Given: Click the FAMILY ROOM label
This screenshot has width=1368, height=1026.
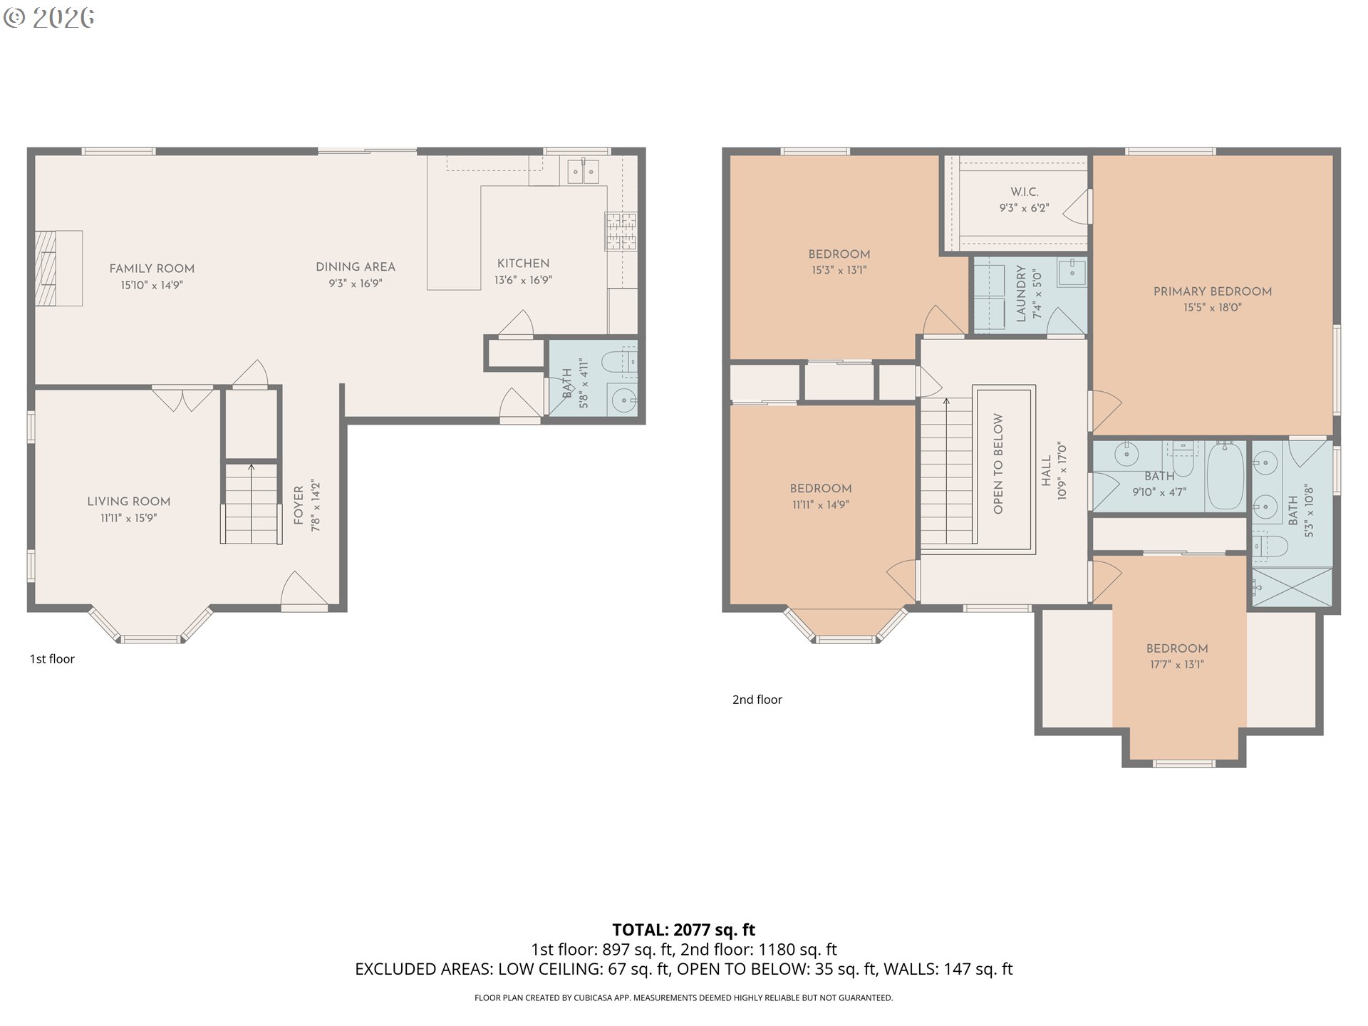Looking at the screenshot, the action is coord(152,269).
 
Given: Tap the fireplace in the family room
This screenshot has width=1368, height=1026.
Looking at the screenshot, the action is coord(59,268).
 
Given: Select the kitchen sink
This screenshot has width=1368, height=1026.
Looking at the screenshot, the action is coord(583,170).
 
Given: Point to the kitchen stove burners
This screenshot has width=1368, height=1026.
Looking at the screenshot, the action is coord(621,232).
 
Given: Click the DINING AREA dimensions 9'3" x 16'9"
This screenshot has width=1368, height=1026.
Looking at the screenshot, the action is coord(356,284).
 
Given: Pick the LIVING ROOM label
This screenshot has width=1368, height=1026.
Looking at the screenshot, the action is coord(129,502).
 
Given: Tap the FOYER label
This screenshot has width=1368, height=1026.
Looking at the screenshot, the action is coord(299,506).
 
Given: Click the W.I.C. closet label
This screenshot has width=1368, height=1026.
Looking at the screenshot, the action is coord(1025,192).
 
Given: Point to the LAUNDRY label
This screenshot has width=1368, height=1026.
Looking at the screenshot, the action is coord(1021,294).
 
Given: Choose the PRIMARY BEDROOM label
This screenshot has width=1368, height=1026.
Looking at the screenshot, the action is coord(1213,291).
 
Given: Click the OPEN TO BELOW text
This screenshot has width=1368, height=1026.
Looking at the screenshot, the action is coord(998,464).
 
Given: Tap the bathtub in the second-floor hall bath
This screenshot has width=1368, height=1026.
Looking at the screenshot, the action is coord(1225,475).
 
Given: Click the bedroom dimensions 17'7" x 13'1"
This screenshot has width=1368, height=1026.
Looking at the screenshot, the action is coord(1177,665).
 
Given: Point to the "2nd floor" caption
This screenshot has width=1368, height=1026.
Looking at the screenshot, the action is coord(757,700).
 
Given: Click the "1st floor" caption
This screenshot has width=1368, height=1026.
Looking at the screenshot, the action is coord(52,659).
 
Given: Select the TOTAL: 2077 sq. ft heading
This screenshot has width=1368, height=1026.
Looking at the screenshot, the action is coord(684,930).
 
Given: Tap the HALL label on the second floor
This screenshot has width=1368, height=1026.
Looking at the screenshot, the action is coord(1047,471).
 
